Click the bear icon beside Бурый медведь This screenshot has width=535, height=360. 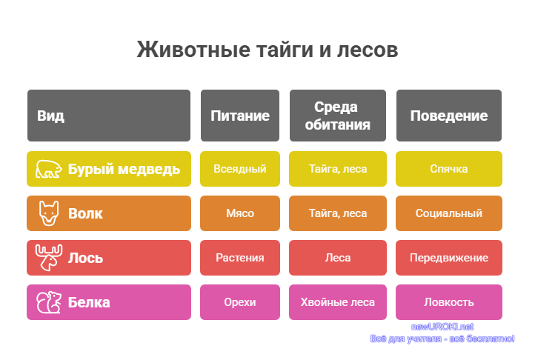coord(49,169)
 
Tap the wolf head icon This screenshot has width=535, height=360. coord(49,213)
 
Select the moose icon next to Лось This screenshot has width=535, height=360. coord(49,258)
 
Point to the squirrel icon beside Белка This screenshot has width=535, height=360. coord(49,302)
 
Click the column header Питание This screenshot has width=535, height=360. coord(240,116)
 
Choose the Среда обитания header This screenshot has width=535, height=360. coord(338,116)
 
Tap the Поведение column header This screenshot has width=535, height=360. coord(449,116)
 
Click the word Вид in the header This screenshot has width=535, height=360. coord(50,116)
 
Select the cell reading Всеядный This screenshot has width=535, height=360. coord(240,169)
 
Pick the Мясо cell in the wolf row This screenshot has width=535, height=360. coord(240,213)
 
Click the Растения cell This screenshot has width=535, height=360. coord(240,258)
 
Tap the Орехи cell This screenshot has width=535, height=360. coord(240,302)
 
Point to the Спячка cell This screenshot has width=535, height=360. coord(449,169)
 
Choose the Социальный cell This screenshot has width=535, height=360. coord(449,213)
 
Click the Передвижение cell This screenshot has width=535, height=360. coord(449,258)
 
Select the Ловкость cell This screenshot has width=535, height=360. coord(449,302)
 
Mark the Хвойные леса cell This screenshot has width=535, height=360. coord(338,302)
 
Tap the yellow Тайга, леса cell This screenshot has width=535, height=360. coord(338,169)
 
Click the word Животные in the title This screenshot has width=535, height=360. coord(193,50)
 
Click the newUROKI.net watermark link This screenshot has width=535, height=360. coord(442,327)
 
